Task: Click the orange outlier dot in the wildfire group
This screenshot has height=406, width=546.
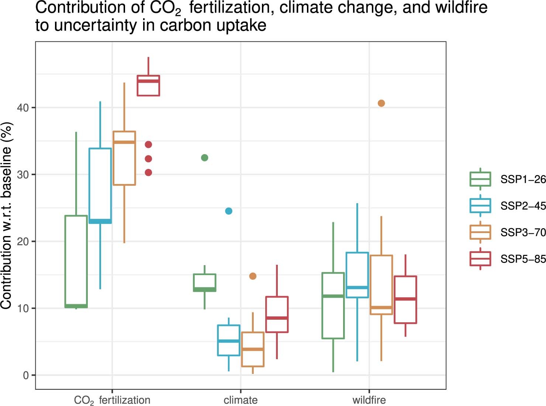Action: click(381, 103)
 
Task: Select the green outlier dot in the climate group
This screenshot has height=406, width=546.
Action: click(204, 158)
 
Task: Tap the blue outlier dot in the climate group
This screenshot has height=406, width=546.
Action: click(229, 211)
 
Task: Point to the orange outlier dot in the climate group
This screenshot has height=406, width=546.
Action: click(253, 276)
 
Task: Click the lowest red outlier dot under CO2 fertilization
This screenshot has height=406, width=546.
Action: click(148, 173)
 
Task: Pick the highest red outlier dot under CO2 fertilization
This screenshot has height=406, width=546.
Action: click(148, 145)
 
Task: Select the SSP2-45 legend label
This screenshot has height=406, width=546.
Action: click(522, 206)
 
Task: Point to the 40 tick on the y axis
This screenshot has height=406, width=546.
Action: click(23, 108)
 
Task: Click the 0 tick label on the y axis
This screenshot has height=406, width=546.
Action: click(26, 375)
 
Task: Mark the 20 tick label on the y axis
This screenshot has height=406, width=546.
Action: click(23, 242)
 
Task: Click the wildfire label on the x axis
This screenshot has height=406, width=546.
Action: click(369, 400)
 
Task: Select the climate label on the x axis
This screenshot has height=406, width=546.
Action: click(241, 400)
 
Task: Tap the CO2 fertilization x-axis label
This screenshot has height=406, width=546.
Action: click(112, 400)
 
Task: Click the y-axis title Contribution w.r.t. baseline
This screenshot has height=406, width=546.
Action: click(7, 215)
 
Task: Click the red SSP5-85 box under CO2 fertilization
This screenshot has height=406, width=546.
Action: click(148, 86)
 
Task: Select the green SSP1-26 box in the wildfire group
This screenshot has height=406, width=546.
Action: click(333, 306)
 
